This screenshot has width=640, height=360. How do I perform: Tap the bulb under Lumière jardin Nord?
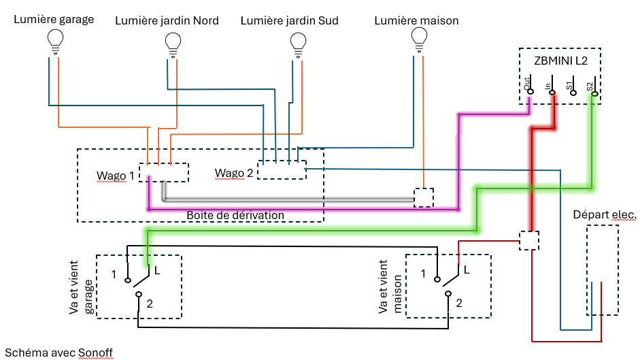click(x=173, y=44)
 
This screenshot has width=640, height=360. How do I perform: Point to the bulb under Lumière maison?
click(x=420, y=42)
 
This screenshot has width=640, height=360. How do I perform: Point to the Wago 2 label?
click(x=234, y=173)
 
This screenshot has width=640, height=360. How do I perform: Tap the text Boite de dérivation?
click(x=235, y=215)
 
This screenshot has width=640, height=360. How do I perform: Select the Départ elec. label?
click(x=605, y=215)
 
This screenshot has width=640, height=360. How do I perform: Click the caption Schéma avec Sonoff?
click(x=58, y=352)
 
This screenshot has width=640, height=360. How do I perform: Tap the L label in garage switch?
click(x=156, y=271)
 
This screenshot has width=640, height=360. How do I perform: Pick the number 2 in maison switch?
click(x=459, y=303)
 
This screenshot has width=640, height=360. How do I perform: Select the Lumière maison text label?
click(x=416, y=20)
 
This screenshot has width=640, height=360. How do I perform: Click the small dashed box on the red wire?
click(x=528, y=240)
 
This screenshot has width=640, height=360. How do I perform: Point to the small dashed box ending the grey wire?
click(x=424, y=197)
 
